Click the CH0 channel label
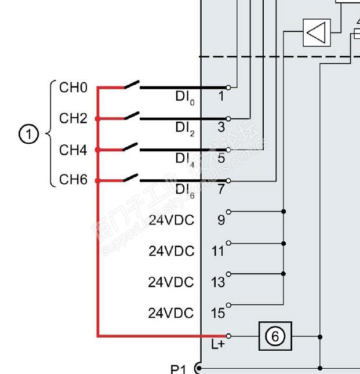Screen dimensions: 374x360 pyautogui.click(x=73, y=88)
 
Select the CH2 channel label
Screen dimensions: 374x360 pyautogui.click(x=73, y=118)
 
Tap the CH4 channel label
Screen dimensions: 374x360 pyautogui.click(x=73, y=150)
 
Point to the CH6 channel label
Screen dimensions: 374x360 pyautogui.click(x=73, y=180)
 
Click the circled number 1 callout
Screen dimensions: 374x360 pyautogui.click(x=28, y=135)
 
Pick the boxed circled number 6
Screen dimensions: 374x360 pyautogui.click(x=275, y=336)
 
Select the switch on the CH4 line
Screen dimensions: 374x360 pyautogui.click(x=131, y=147)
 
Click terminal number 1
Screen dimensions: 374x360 pyautogui.click(x=221, y=96)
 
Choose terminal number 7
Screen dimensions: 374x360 pyautogui.click(x=221, y=189)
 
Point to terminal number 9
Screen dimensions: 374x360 pyautogui.click(x=221, y=220)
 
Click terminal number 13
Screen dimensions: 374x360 pyautogui.click(x=218, y=282)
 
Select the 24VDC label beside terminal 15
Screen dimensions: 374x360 pyautogui.click(x=171, y=313)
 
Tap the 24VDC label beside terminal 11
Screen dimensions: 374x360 pyautogui.click(x=171, y=251)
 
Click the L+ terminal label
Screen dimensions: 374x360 pyautogui.click(x=217, y=345)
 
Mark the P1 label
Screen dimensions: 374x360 pyautogui.click(x=179, y=369)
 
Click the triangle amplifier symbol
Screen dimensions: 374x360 pyautogui.click(x=317, y=32)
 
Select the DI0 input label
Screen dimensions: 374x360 pyautogui.click(x=185, y=97)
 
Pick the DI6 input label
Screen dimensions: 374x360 pyautogui.click(x=185, y=190)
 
